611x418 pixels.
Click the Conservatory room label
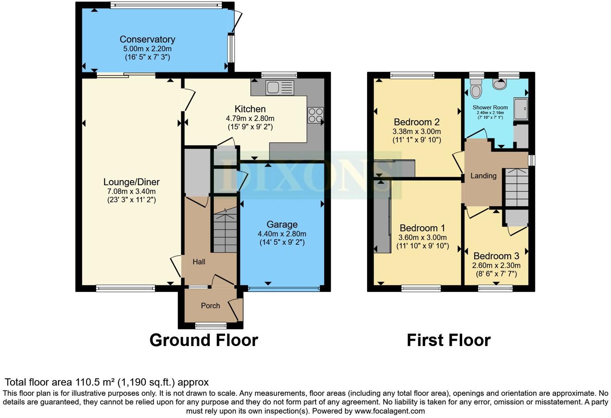tap(147, 39)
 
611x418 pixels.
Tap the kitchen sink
tap(280, 88)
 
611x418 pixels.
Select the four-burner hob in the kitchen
tap(316, 115)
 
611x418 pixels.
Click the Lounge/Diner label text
tap(131, 182)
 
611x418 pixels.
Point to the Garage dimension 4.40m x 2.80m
tap(282, 234)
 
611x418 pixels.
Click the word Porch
tap(210, 305)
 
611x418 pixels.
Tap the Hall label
tap(199, 262)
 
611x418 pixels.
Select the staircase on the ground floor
tap(225, 229)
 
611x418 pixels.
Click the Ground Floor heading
tap(204, 340)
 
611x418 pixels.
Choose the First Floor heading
tap(449, 340)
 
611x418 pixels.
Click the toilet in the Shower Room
tap(476, 88)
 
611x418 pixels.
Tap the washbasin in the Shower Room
tap(500, 84)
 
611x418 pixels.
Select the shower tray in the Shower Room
tap(521, 109)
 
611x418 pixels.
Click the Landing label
tap(483, 176)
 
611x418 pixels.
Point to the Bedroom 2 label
tap(417, 122)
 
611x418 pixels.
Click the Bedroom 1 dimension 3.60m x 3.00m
tap(422, 238)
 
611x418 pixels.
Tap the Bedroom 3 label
tap(496, 256)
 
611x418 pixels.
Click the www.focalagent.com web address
tap(390, 411)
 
